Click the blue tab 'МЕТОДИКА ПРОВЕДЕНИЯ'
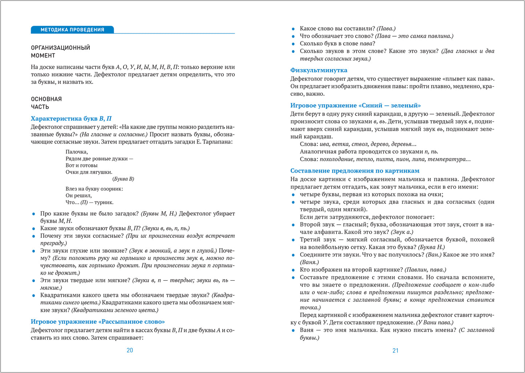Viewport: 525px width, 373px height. click(x=72, y=30)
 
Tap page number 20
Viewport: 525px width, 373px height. click(x=130, y=350)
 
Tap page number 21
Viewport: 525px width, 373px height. click(x=396, y=351)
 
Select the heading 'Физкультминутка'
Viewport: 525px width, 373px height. click(x=319, y=70)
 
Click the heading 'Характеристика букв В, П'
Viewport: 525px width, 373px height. click(x=71, y=119)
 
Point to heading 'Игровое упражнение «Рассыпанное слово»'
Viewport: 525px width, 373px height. click(x=98, y=322)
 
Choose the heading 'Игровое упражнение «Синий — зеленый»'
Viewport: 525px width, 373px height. click(x=355, y=105)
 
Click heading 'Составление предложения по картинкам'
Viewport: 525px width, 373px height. click(x=355, y=171)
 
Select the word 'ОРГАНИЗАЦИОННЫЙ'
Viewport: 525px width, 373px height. click(x=60, y=48)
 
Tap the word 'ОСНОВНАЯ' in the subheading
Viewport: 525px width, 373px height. click(x=46, y=99)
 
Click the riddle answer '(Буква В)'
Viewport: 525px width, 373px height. click(x=123, y=179)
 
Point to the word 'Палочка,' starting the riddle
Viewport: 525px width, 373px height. click(x=77, y=152)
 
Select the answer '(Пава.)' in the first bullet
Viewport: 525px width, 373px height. click(x=386, y=28)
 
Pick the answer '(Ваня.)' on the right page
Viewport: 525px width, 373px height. click(x=309, y=262)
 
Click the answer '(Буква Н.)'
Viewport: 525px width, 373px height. click(x=431, y=247)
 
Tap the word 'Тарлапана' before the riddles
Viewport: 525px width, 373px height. click(x=217, y=142)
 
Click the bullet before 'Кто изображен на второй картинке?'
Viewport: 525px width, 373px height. click(x=294, y=270)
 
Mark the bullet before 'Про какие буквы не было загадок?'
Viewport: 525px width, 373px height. click(x=34, y=214)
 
